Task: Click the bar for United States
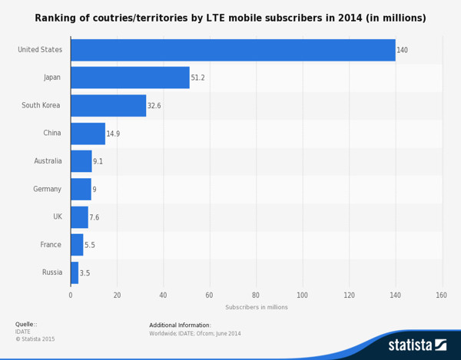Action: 233,50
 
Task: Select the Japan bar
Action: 130,78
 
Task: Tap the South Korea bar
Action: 108,105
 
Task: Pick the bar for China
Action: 88,134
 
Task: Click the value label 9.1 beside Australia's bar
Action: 119,162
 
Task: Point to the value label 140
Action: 402,51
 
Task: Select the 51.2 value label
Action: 198,78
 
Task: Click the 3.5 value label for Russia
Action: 85,273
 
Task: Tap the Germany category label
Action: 47,189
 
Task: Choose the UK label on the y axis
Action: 57,217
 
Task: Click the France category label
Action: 51,245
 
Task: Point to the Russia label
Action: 51,272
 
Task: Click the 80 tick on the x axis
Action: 256,295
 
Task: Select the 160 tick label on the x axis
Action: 441,295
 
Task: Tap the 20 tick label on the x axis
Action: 117,295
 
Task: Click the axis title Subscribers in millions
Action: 256,307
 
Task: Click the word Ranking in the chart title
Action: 56,18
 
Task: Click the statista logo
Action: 417,345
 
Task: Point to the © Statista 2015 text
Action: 35,339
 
